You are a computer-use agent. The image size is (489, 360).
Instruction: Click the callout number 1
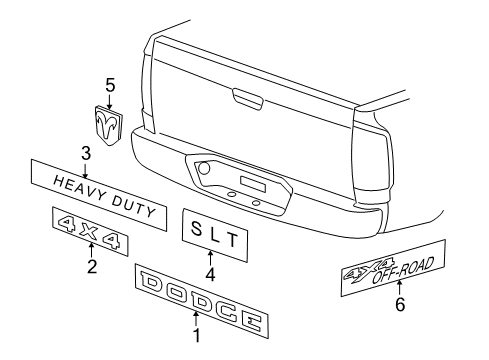click(196, 335)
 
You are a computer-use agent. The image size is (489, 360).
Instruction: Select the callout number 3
click(86, 151)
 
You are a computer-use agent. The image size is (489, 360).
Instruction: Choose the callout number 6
click(400, 305)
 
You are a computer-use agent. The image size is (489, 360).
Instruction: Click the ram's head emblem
click(105, 123)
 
